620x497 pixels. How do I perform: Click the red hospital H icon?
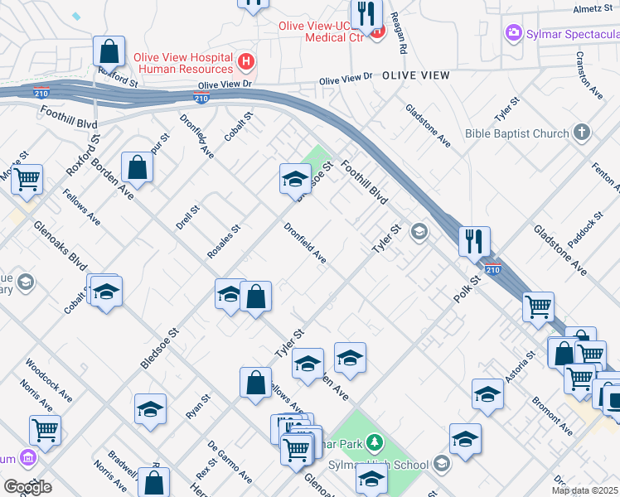point(245,60)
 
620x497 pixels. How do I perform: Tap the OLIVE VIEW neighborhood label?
point(416,75)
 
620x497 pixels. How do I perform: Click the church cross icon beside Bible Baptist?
point(582,133)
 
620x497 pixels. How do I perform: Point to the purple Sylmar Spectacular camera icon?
point(514,33)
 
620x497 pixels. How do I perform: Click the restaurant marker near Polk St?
point(474,241)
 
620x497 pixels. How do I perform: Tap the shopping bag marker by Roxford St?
point(109,51)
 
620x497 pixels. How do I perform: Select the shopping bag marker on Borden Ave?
point(137,167)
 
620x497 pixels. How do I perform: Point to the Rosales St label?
point(224,240)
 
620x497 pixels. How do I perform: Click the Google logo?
point(27,487)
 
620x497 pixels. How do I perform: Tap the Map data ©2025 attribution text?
point(585,490)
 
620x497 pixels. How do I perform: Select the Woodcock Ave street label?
point(48,379)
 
